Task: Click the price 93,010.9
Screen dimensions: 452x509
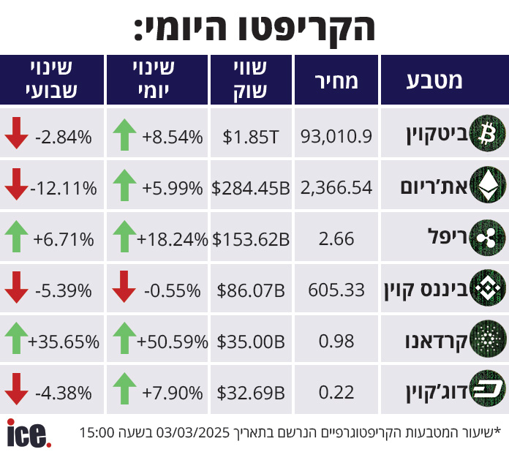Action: [337, 135]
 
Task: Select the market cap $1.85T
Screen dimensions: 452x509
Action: [251, 136]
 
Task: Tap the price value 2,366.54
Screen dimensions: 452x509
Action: [337, 187]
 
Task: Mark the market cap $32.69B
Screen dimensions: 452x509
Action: [251, 393]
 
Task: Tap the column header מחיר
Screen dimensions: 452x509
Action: [337, 80]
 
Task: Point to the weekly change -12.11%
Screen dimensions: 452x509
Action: [64, 187]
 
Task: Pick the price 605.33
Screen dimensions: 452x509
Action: [337, 290]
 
